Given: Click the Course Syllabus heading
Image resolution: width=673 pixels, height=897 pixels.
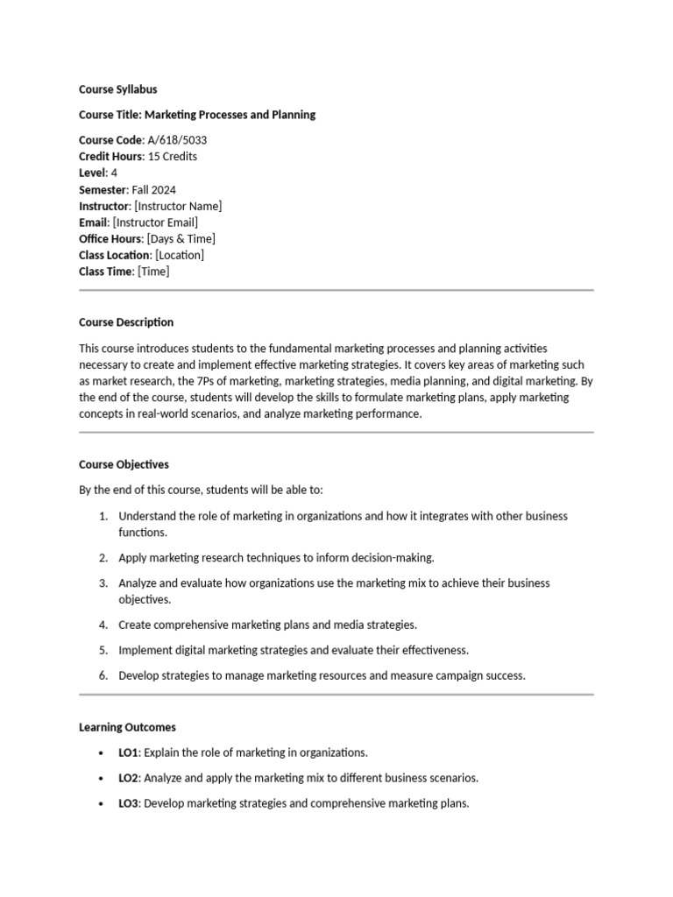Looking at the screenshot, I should [118, 89].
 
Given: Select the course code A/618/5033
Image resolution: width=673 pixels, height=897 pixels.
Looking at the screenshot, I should [178, 140].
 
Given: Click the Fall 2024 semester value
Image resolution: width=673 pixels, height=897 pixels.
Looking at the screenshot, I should [152, 189].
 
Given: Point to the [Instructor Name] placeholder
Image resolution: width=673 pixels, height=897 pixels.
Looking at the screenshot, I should [178, 206].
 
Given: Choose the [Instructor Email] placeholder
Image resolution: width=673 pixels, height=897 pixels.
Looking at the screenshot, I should [155, 222].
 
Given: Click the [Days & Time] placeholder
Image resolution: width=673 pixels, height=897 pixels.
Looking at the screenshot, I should [181, 239].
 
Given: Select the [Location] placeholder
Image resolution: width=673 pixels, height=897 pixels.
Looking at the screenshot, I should [179, 255].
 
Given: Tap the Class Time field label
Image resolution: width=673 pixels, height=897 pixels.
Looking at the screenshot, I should [105, 272].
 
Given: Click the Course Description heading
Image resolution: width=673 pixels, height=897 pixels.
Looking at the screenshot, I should [126, 322].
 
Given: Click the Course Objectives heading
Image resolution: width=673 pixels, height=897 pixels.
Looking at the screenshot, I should [124, 464].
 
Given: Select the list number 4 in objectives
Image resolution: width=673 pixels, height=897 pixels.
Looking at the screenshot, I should [103, 625].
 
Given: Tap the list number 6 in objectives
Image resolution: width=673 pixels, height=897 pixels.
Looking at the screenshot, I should [103, 675].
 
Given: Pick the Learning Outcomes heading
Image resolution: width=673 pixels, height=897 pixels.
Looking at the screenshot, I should [127, 727].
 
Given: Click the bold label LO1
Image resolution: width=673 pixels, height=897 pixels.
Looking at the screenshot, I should [129, 752].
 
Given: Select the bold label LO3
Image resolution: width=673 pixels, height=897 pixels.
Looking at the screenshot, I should [129, 803].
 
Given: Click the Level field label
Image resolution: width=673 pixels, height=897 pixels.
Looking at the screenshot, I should [92, 173].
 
